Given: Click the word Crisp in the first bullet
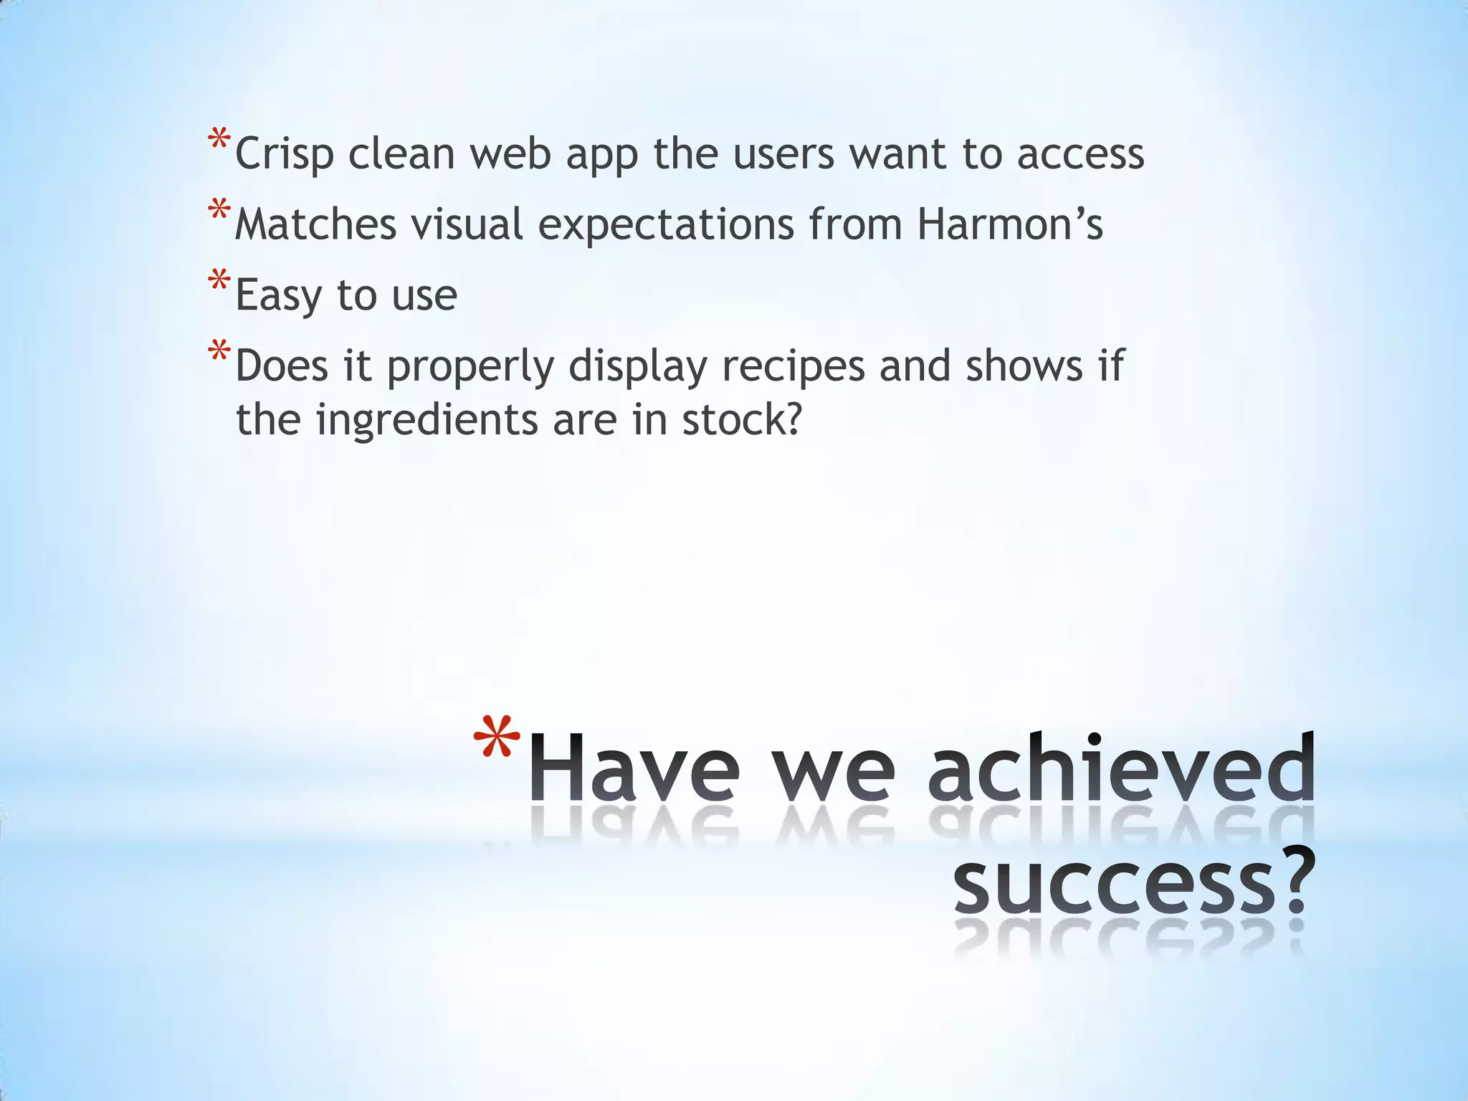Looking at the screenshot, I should coord(285,155).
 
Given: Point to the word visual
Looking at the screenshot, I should coord(467,224).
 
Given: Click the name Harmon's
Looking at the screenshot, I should coord(1010,224).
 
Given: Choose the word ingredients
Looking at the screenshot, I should coord(427,420).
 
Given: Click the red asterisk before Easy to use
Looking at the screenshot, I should coord(219,280).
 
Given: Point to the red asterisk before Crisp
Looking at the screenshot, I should coord(219,139).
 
